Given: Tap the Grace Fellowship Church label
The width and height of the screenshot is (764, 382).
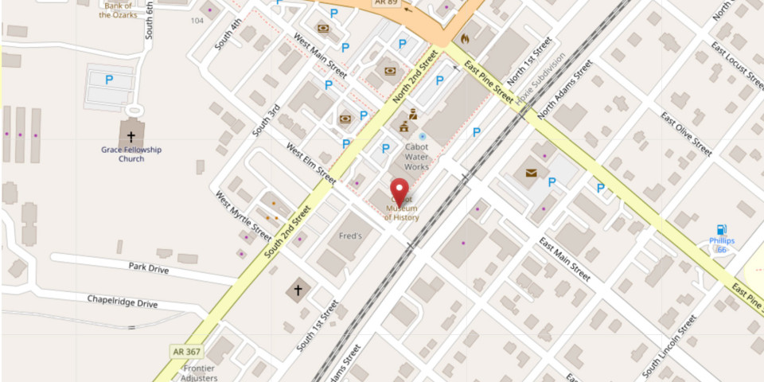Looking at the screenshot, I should click(x=131, y=154).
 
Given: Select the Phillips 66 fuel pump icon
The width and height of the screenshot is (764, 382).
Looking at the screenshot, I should click(x=722, y=230).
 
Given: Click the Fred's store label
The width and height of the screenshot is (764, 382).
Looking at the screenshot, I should click(x=350, y=236).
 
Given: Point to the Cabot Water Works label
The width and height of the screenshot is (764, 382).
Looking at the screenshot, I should click(x=416, y=157).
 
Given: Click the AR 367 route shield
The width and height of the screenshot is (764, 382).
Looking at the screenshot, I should click(x=183, y=350).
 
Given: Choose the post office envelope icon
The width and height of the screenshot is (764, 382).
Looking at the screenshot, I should click(x=531, y=172).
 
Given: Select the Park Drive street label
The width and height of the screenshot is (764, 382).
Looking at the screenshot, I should click(x=149, y=269).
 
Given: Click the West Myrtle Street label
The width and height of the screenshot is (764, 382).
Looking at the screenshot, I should click(x=244, y=215).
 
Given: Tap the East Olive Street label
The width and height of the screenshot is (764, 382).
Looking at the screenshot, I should click(x=686, y=134).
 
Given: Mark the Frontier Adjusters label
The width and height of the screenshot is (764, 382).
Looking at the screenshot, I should click(x=199, y=372).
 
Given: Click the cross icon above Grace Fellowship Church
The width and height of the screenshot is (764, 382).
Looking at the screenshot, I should click(x=132, y=136).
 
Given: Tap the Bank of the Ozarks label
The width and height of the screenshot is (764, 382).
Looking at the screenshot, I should click(x=118, y=10).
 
